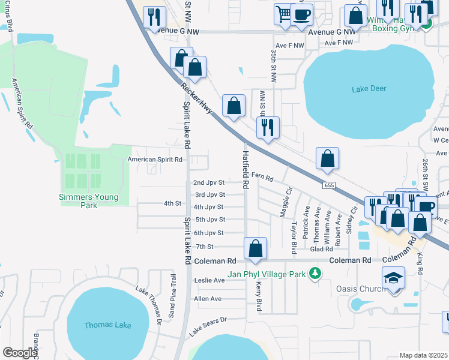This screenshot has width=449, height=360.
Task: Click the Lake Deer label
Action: tap(369, 89)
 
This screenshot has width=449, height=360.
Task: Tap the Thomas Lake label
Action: tap(107, 325)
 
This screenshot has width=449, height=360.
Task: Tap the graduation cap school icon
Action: tap(393, 278)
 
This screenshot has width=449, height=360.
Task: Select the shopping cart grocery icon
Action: tap(283, 13)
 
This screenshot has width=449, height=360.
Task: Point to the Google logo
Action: tap(19, 353)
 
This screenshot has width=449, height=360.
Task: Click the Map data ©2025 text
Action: tap(423, 355)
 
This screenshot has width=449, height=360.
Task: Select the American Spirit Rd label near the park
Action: tap(155, 160)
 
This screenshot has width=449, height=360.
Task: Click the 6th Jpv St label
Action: tap(209, 233)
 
